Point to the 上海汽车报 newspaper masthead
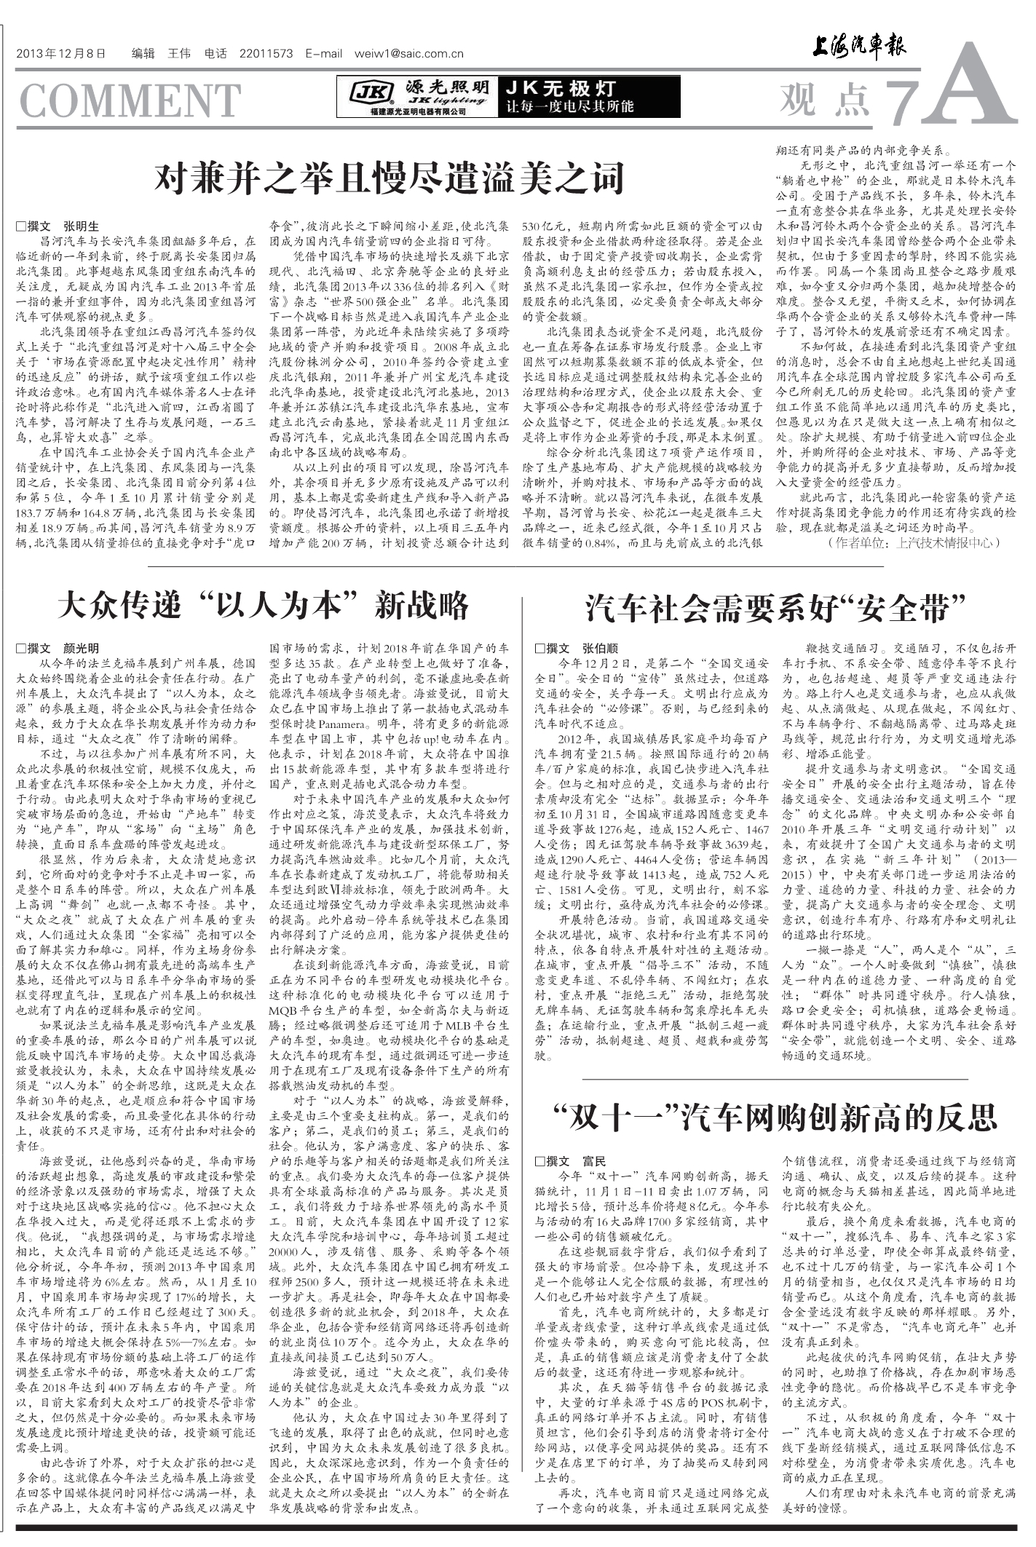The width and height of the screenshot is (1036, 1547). pyautogui.click(x=859, y=48)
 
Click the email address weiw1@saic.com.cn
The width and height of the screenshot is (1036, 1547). pyautogui.click(x=408, y=54)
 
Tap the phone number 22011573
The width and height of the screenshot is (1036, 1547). pyautogui.click(x=265, y=54)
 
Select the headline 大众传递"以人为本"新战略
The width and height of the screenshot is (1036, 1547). pyautogui.click(x=263, y=606)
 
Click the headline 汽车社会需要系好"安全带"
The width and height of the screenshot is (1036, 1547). pyautogui.click(x=775, y=607)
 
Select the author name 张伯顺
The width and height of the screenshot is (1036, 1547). pyautogui.click(x=600, y=649)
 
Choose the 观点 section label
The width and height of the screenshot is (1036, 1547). pyautogui.click(x=825, y=100)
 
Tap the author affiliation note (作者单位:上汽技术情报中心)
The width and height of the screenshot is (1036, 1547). pyautogui.click(x=914, y=542)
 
